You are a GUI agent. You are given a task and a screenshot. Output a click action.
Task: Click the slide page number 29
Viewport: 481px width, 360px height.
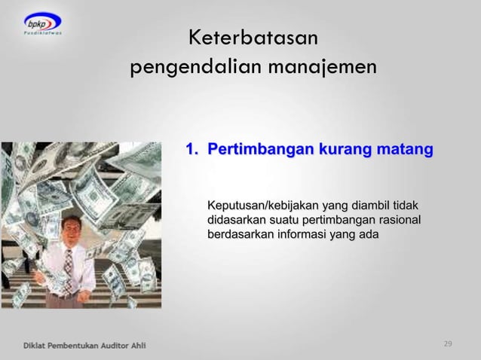pos(448,344)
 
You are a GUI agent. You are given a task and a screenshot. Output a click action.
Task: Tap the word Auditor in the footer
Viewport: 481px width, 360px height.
pos(106,345)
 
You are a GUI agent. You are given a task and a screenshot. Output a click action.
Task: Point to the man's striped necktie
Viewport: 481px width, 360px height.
pos(69,264)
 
